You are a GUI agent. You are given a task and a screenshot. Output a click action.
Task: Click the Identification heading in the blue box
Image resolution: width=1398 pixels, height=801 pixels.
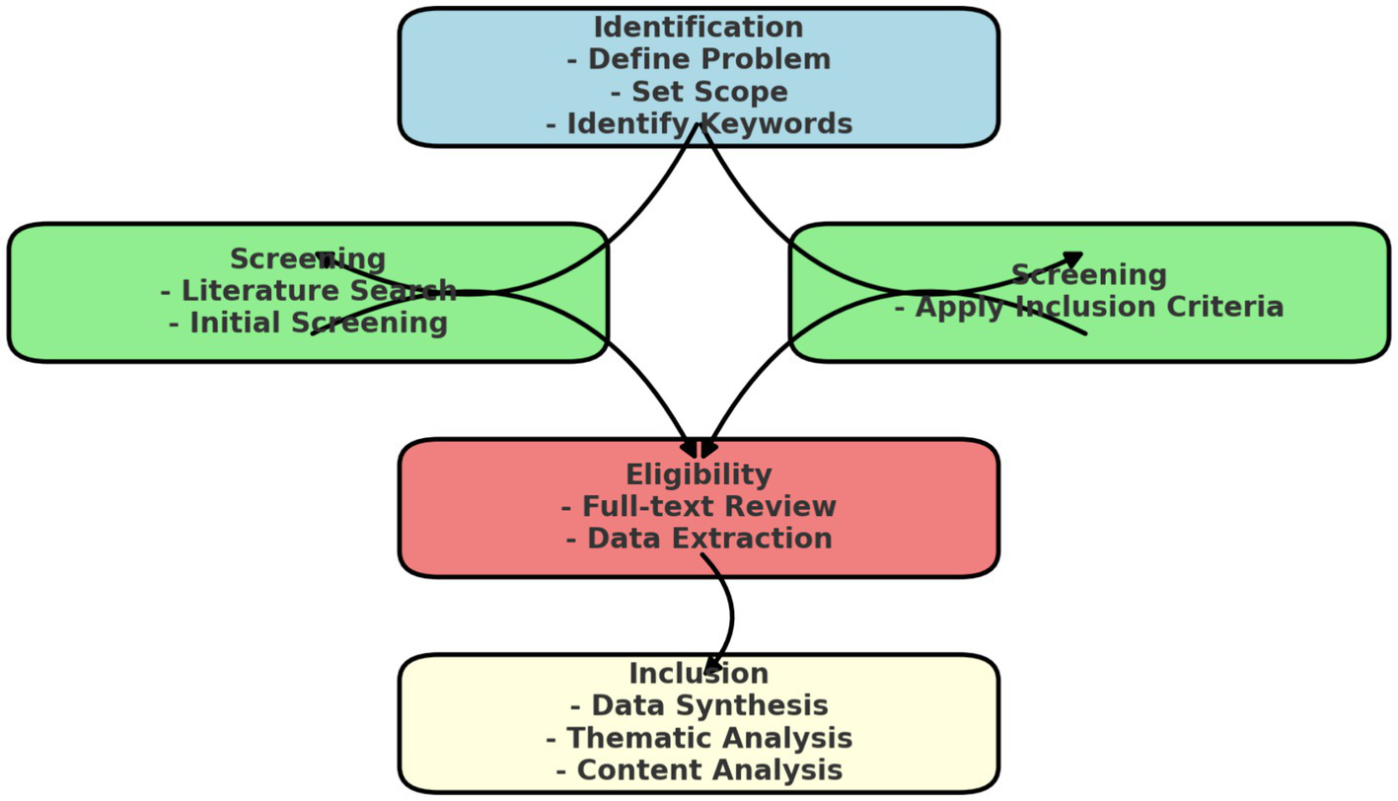[x=699, y=27]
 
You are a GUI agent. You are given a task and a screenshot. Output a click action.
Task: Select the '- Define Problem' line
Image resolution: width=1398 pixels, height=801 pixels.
[x=699, y=59]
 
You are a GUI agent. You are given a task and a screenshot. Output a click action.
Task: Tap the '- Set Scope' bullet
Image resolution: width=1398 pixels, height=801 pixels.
[x=699, y=92]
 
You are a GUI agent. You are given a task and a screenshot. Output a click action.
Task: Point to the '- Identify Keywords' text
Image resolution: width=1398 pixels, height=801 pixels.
[x=699, y=124]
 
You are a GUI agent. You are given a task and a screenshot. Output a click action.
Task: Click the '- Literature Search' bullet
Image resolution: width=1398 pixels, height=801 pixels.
[x=308, y=291]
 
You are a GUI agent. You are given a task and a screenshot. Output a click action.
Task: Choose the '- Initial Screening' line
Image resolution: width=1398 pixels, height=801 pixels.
[x=308, y=323]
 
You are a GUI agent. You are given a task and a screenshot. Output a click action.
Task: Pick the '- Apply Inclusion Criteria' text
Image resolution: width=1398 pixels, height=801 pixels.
[x=1089, y=307]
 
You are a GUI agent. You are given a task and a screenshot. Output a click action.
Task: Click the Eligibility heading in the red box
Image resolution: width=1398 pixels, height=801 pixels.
[x=699, y=474]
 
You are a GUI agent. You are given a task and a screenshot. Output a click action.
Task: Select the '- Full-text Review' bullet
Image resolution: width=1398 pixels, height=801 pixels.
[x=699, y=507]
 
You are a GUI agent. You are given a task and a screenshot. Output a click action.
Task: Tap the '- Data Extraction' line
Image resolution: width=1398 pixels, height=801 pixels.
[x=699, y=539]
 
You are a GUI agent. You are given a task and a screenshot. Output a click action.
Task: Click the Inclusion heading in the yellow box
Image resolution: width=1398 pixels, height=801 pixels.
[x=699, y=674]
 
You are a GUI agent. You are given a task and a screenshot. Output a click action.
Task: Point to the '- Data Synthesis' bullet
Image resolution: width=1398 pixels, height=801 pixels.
[x=699, y=706]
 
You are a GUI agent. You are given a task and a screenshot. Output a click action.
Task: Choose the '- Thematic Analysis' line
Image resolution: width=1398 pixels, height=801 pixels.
[x=699, y=738]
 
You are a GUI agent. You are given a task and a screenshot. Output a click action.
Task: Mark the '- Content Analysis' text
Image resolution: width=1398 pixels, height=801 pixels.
[x=699, y=770]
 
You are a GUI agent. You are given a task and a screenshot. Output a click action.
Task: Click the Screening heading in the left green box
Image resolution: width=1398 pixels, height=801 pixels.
[x=308, y=259]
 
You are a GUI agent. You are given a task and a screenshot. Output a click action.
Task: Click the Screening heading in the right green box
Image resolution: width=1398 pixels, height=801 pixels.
[x=1089, y=274]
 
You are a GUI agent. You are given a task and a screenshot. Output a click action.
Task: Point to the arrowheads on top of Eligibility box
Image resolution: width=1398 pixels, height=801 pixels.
[x=699, y=449]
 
